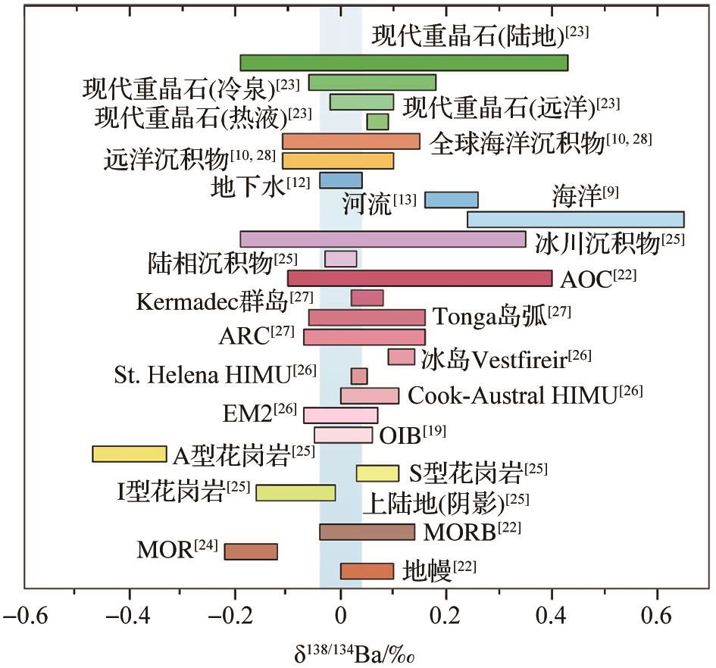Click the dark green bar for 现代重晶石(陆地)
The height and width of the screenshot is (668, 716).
(404, 63)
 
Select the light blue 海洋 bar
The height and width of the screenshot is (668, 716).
(575, 220)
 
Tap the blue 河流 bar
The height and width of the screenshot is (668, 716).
(451, 200)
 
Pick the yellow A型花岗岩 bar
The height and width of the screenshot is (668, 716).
(130, 454)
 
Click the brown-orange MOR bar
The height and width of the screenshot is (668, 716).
(251, 551)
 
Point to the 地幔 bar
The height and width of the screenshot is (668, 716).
(367, 571)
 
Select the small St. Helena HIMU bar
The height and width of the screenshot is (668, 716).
(359, 376)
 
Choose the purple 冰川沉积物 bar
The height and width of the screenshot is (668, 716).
(383, 239)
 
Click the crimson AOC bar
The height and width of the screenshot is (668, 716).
(420, 279)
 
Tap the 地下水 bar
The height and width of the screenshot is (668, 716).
(340, 180)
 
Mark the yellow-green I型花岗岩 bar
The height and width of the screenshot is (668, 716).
(295, 492)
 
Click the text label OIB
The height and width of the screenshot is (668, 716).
(401, 435)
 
